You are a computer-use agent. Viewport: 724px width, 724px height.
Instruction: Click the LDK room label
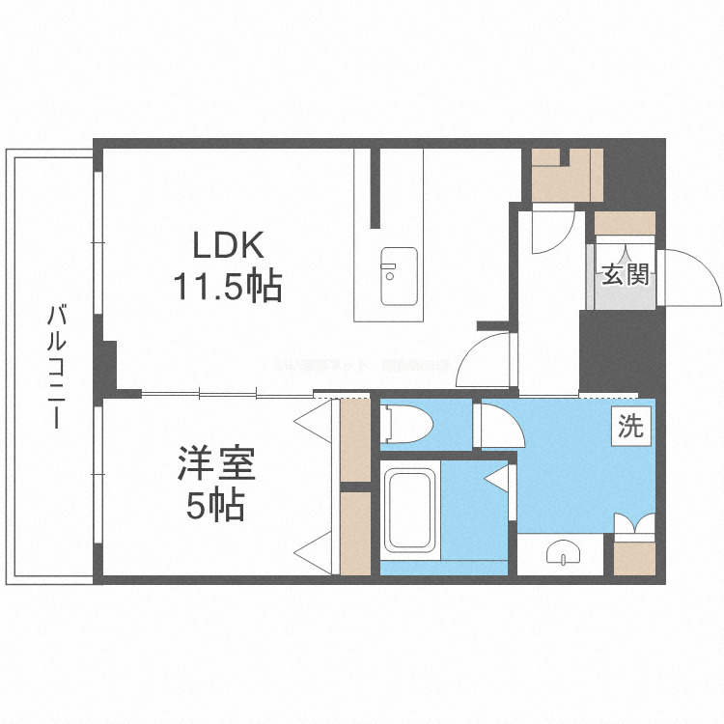pyautogui.click(x=228, y=246)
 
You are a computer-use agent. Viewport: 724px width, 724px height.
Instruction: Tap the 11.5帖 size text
pyautogui.click(x=228, y=286)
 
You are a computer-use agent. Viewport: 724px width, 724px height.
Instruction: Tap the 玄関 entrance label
pyautogui.click(x=625, y=275)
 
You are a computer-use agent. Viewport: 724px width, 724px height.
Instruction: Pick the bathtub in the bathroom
pyautogui.click(x=411, y=512)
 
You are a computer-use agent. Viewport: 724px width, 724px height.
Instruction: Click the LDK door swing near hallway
pyautogui.click(x=488, y=362)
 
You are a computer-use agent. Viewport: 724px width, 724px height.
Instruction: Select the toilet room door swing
pyautogui.click(x=497, y=425)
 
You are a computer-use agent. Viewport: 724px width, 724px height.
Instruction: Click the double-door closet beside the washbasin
pyautogui.click(x=634, y=549)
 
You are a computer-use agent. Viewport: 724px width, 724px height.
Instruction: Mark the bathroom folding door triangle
pyautogui.click(x=499, y=477)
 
